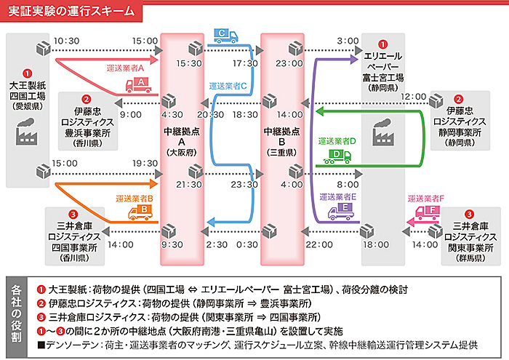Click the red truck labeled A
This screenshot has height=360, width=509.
pos(139,85)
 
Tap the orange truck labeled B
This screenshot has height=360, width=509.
pos(140,212)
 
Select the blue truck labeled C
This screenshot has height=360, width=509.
pos(226,36)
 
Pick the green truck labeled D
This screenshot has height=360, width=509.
pos(337,156)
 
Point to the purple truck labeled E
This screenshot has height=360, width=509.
pos(341,212)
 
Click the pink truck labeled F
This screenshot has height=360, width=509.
pos(428,212)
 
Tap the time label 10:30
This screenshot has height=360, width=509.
pos(67,41)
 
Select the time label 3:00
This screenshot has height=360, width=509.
pos(348,41)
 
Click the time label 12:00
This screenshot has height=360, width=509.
pos(413,97)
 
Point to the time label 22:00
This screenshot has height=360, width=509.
pos(319,244)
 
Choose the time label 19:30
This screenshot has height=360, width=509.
pos(145,163)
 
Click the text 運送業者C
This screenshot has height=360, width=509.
pos(228,86)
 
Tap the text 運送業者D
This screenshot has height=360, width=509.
pos(337,141)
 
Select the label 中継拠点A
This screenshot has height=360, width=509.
pos(182,137)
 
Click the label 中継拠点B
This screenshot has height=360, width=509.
pos(282,137)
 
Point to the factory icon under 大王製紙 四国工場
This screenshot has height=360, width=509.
pos(26,131)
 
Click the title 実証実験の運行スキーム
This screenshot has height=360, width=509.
pos(71,11)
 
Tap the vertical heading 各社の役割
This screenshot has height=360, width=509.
pos(16,313)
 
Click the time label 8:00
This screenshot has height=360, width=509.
pos(348,185)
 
